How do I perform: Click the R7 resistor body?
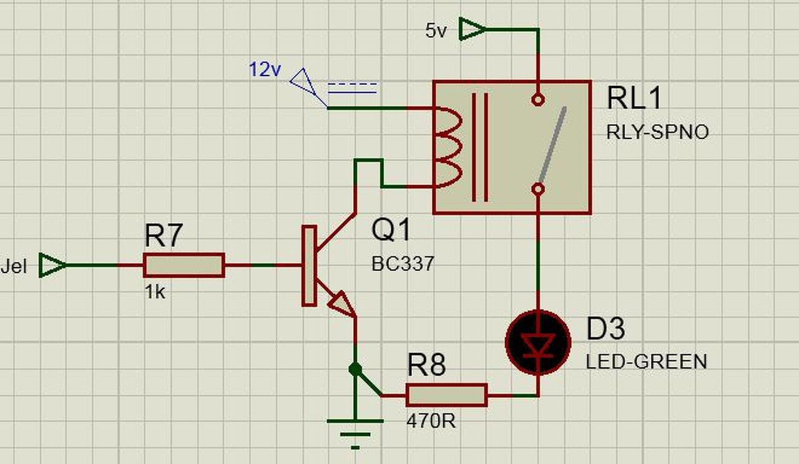184,265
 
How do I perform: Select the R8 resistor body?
446,395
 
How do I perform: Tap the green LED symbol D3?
538,343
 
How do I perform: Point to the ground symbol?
355,430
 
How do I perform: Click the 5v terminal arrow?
472,29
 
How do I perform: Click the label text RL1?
634,99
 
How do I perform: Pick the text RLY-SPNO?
657,132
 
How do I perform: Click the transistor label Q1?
391,230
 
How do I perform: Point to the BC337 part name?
403,264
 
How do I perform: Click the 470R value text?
431,422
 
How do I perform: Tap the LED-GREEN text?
646,362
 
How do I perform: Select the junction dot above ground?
355,369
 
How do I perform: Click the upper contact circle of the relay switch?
538,99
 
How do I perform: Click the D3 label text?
605,329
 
